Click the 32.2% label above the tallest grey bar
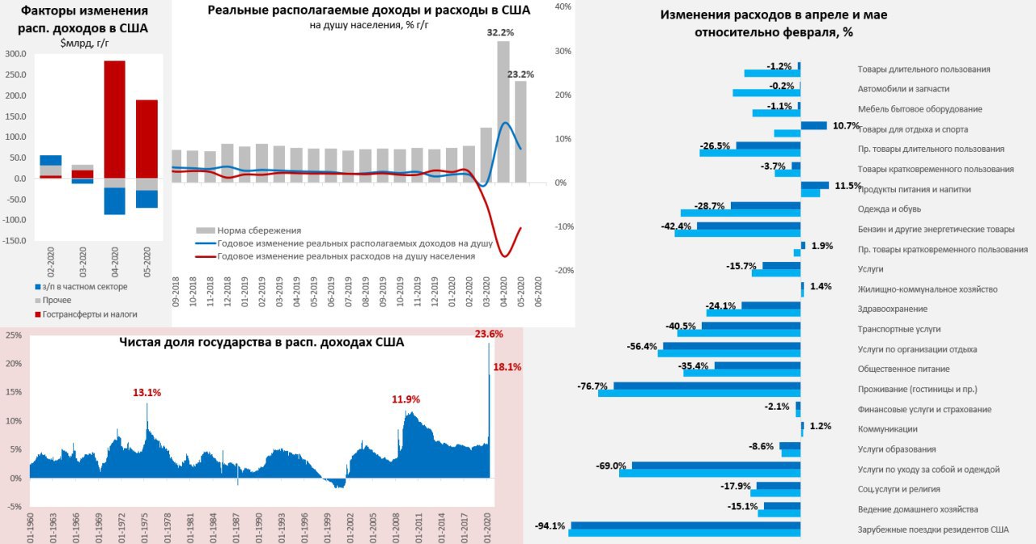pyautogui.click(x=501, y=33)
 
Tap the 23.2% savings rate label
pyautogui.click(x=521, y=74)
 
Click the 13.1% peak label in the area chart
pyautogui.click(x=146, y=393)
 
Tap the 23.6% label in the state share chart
pyautogui.click(x=489, y=333)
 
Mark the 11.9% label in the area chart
pyautogui.click(x=405, y=399)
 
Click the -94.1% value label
pyautogui.click(x=550, y=526)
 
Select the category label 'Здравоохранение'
pyautogui.click(x=892, y=309)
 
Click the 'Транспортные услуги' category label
pyautogui.click(x=899, y=329)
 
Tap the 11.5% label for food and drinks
pyautogui.click(x=847, y=186)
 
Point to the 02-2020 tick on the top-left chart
pyautogui.click(x=50, y=262)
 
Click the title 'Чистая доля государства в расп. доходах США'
pyautogui.click(x=261, y=343)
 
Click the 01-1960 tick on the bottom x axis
pyautogui.click(x=30, y=527)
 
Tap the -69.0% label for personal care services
pyautogui.click(x=611, y=466)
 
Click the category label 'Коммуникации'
pyautogui.click(x=887, y=429)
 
